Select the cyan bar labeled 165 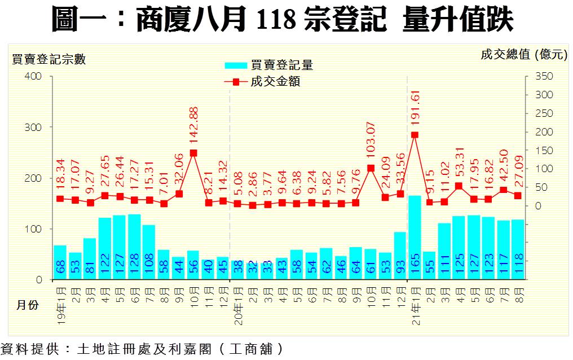[x=415, y=237]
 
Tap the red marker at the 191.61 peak [x=415, y=135]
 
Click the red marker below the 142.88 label [x=193, y=153]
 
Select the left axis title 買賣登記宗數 [x=49, y=59]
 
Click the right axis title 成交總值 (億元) [x=523, y=55]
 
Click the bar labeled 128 [x=135, y=247]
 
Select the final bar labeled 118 [x=518, y=249]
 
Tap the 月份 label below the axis [x=28, y=305]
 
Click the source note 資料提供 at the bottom [x=141, y=349]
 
